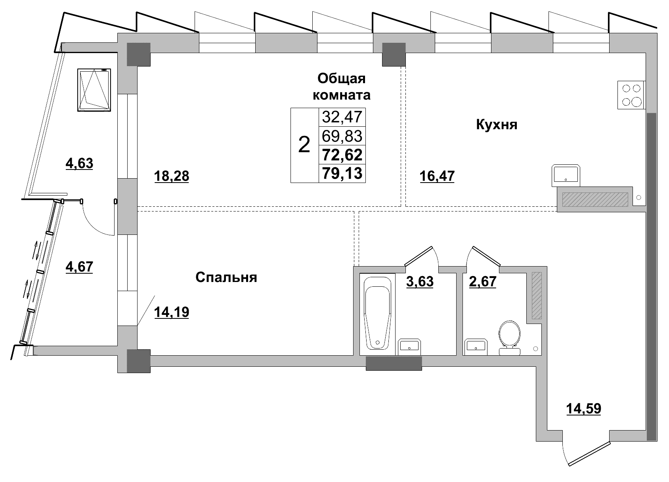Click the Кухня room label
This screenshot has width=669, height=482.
(496, 125)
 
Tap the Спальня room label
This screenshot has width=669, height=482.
(226, 277)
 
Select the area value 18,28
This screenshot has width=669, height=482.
(171, 176)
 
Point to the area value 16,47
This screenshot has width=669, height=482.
(437, 176)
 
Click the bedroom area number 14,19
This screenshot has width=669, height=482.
(171, 312)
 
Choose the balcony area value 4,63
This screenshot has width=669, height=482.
(79, 163)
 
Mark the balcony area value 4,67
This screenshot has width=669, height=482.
(79, 267)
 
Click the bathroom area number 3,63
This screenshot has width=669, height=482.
(420, 282)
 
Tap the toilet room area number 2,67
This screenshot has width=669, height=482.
(482, 282)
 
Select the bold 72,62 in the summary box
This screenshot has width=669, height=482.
(342, 154)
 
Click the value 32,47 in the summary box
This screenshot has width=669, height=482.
(342, 117)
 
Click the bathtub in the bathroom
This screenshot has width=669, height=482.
(377, 313)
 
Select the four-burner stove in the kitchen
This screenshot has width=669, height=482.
(631, 95)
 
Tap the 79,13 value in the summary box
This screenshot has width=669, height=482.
(342, 173)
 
